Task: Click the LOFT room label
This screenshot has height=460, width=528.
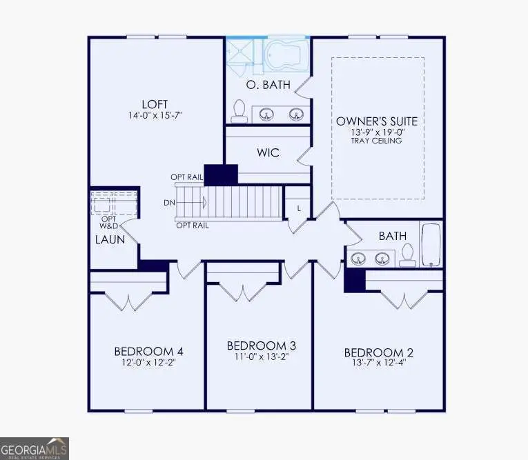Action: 157,104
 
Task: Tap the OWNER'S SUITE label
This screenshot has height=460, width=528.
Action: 377,121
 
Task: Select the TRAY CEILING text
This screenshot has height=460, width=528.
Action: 377,141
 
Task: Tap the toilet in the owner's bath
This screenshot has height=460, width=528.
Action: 240,110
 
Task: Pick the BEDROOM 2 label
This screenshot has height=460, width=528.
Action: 379,352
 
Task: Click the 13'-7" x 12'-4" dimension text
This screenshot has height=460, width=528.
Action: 379,364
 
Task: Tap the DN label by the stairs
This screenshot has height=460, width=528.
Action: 169,203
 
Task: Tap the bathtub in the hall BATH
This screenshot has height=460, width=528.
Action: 431,244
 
